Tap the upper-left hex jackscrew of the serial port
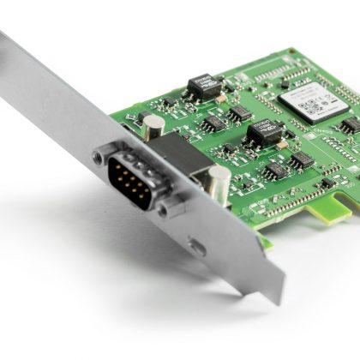click(101, 157)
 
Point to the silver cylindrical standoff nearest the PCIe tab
click(218, 183)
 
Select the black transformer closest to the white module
click(264, 131)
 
